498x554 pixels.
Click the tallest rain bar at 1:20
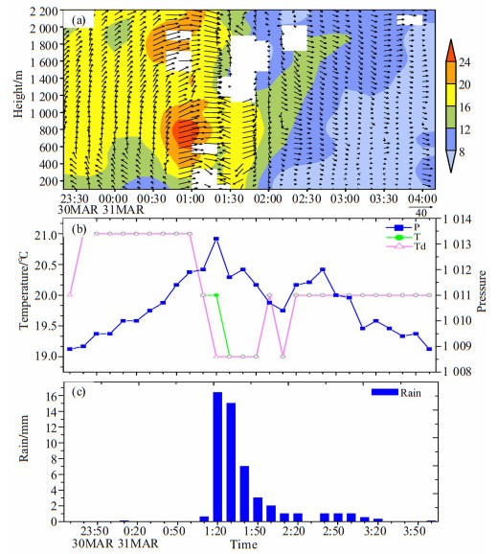[x=217, y=456]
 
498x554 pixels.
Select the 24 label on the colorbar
[x=464, y=62]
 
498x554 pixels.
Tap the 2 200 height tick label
[x=44, y=12]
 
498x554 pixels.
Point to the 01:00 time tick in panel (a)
[x=191, y=198]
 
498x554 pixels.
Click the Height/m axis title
[x=18, y=94]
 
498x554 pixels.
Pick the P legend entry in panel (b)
[x=403, y=227]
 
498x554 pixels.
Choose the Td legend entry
[x=406, y=246]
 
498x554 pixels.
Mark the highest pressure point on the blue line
[x=216, y=239]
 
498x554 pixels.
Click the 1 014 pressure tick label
[x=457, y=219]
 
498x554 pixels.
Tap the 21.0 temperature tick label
[x=46, y=235]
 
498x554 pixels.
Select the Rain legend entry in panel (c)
[x=396, y=393]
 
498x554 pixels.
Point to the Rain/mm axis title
[x=23, y=439]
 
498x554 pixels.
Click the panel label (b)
[x=79, y=230]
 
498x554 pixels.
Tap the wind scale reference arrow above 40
[x=420, y=206]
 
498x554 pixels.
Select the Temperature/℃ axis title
[x=24, y=290]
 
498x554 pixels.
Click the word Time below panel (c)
[x=243, y=544]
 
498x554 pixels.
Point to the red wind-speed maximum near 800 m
[x=184, y=133]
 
